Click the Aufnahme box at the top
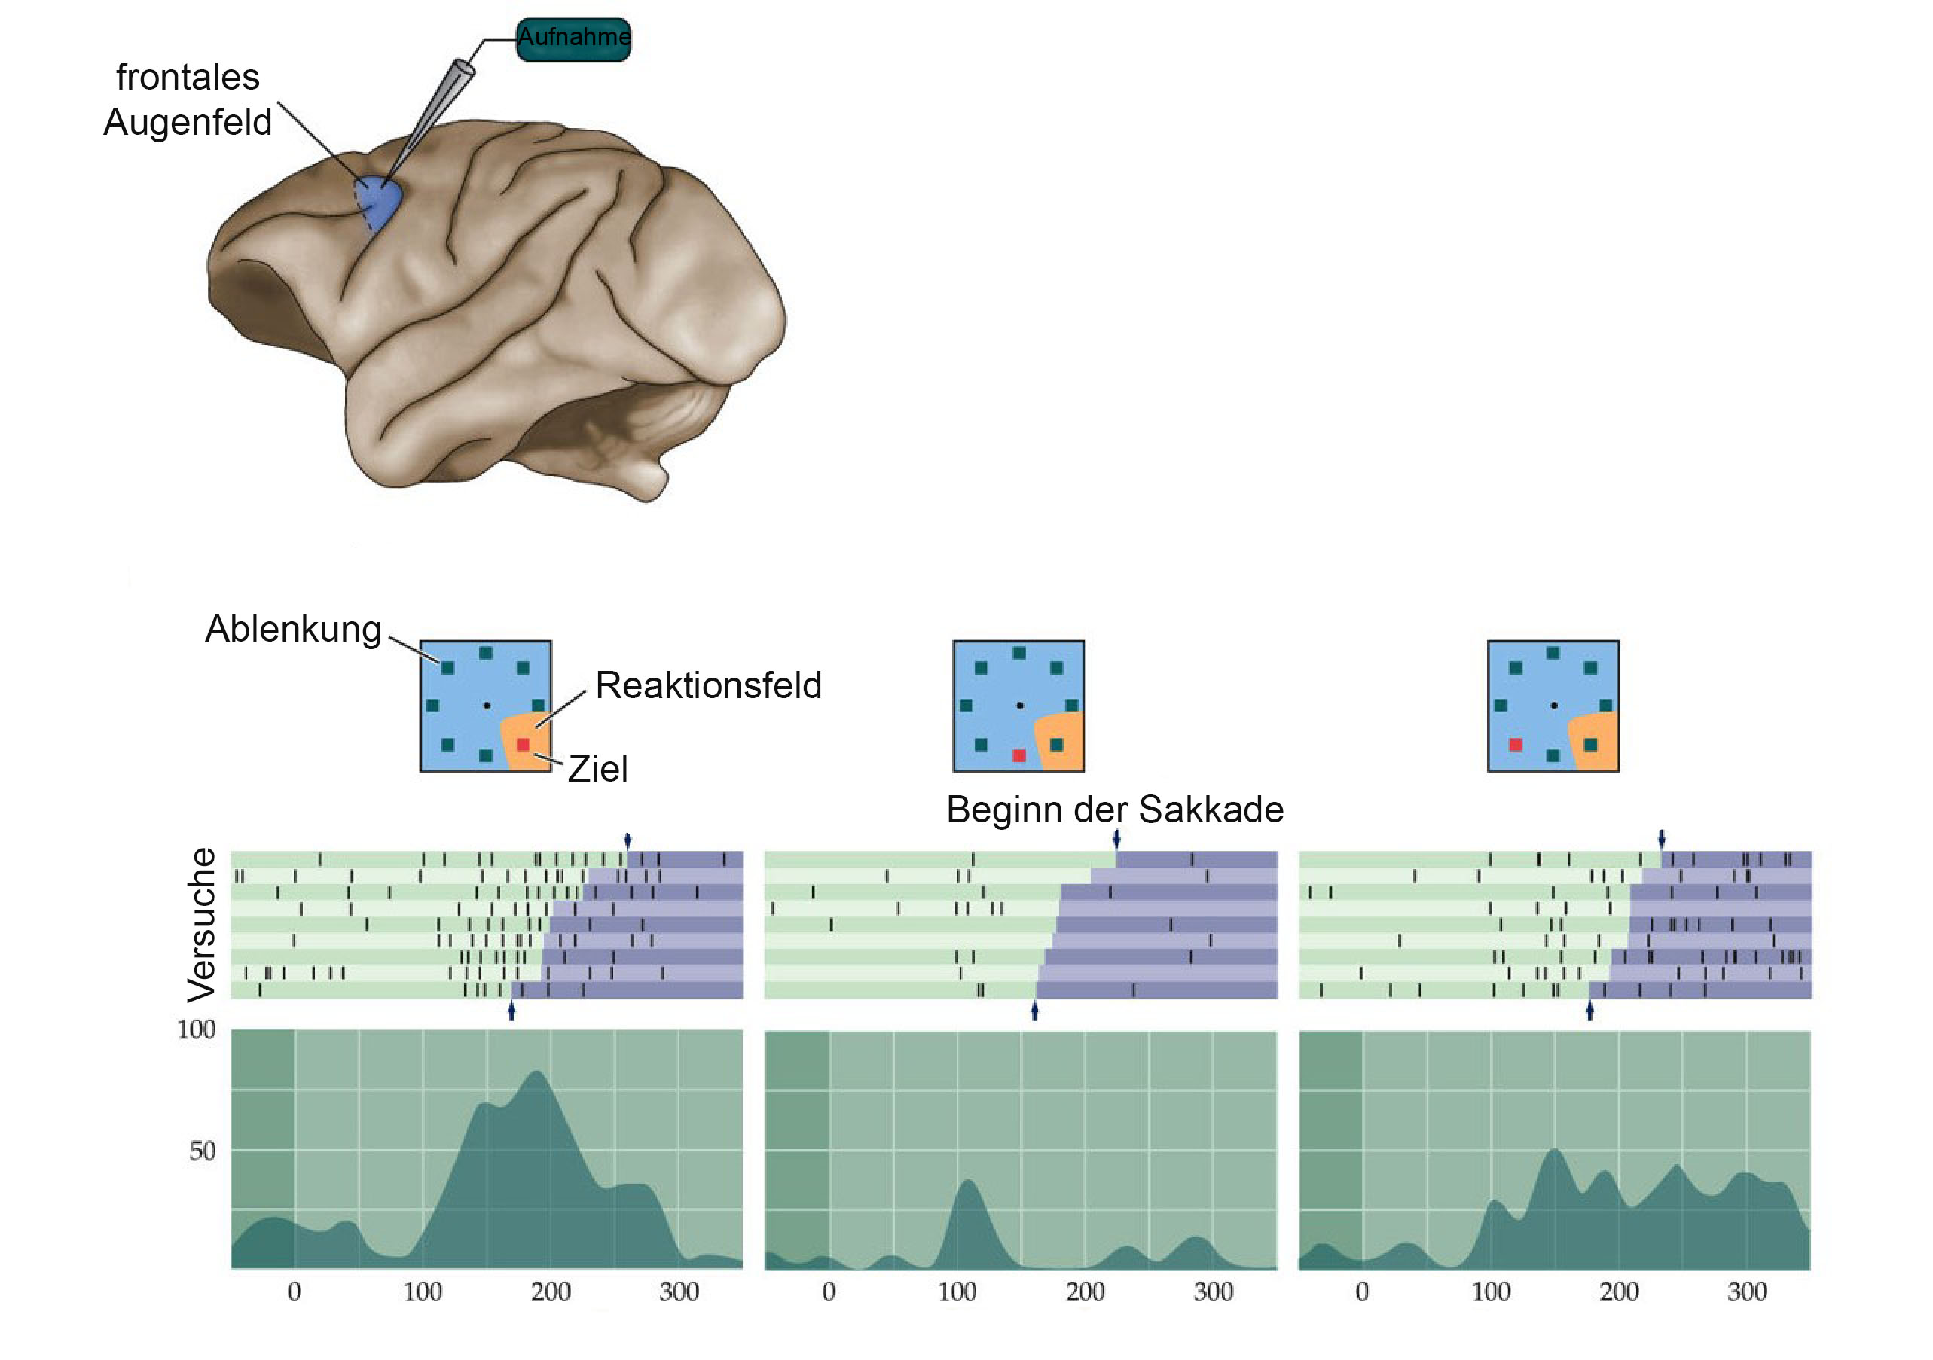[x=573, y=38]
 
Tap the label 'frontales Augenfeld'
[x=188, y=99]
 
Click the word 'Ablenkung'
[x=293, y=630]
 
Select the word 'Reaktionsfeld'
[x=708, y=685]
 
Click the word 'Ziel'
[x=597, y=769]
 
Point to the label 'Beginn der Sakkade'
[x=1115, y=810]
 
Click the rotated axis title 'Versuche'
[x=201, y=925]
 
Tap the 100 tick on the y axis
[x=196, y=1029]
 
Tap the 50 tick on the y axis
[x=202, y=1151]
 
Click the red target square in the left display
[x=523, y=745]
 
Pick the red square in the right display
[x=1516, y=745]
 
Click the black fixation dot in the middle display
[x=1019, y=706]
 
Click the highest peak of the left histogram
[x=537, y=1073]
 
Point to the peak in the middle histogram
[x=969, y=1182]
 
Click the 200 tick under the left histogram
[x=551, y=1291]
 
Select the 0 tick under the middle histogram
[x=829, y=1291]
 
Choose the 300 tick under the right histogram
[x=1747, y=1291]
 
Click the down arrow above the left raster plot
[x=628, y=840]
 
